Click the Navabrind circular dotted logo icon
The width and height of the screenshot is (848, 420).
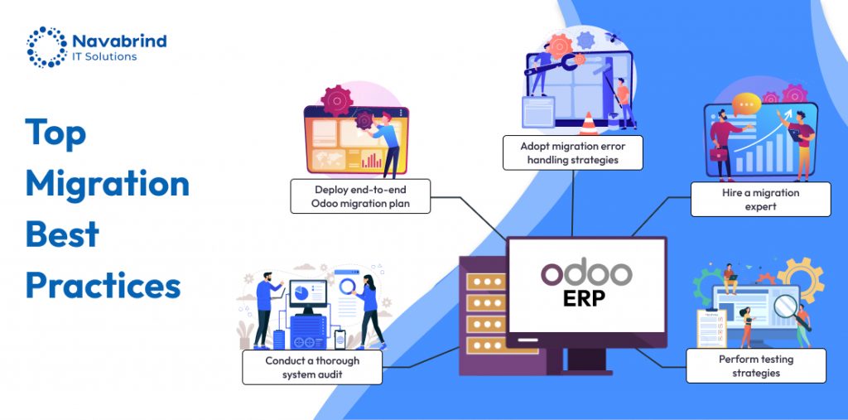click(46, 46)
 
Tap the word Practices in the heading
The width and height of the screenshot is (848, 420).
click(103, 286)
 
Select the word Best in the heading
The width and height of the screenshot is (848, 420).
click(62, 235)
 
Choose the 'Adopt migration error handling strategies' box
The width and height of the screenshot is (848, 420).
click(572, 152)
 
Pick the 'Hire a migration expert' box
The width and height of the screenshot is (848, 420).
click(760, 200)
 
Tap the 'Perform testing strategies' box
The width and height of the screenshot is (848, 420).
click(755, 365)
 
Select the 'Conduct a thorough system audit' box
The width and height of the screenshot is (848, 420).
click(311, 367)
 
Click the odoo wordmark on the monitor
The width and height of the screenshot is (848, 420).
click(586, 273)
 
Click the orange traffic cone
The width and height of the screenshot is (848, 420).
click(588, 124)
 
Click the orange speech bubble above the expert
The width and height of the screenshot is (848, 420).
click(745, 104)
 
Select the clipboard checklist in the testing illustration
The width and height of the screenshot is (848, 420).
click(710, 328)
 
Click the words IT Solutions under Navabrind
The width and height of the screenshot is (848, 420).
click(104, 56)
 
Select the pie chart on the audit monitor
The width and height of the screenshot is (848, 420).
click(301, 293)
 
